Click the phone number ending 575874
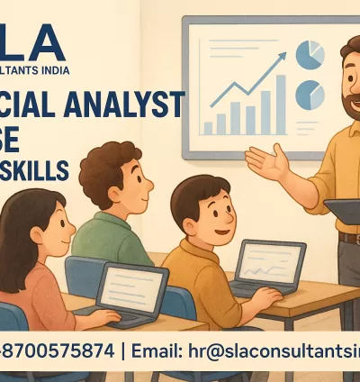(58, 350)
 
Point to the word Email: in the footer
(161, 350)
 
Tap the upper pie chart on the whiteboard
(310, 55)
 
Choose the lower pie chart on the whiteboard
(310, 95)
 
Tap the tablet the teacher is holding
(343, 210)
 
